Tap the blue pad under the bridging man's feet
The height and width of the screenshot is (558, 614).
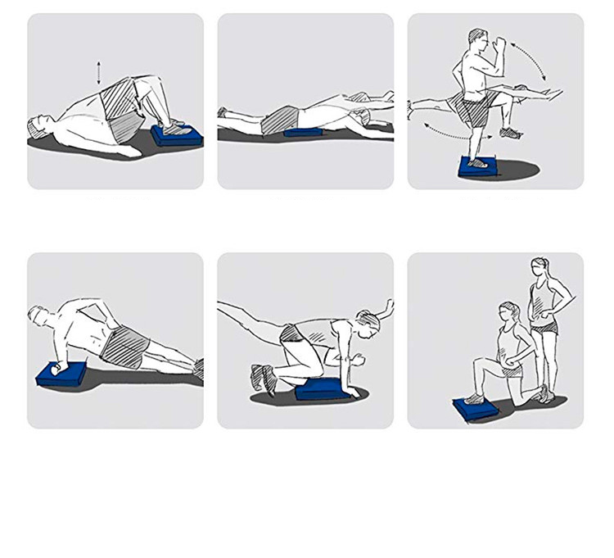point(177,135)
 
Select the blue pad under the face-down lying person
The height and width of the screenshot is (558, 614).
point(303,133)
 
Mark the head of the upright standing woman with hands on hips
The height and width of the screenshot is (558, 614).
point(540,267)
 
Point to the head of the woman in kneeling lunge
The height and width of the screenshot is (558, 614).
point(508,312)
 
